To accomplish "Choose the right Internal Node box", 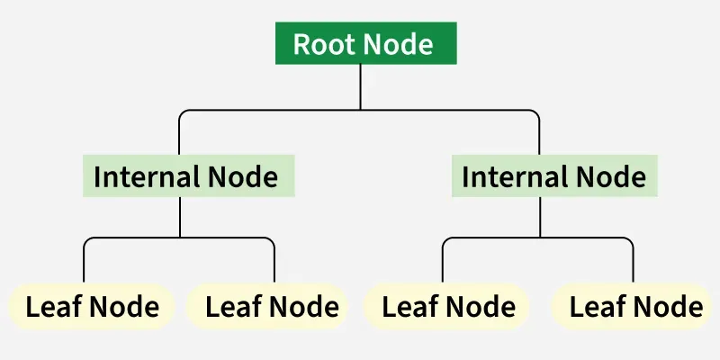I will pyautogui.click(x=553, y=176).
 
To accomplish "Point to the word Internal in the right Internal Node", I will pyautogui.click(x=513, y=176).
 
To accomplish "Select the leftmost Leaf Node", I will pyautogui.click(x=93, y=307).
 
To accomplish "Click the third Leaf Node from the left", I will pyautogui.click(x=448, y=307).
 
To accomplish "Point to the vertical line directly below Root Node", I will pyautogui.click(x=360, y=87).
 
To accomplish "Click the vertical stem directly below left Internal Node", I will pyautogui.click(x=180, y=217).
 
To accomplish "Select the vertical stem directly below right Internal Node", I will pyautogui.click(x=540, y=217).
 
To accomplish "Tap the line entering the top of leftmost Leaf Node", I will pyautogui.click(x=84, y=265).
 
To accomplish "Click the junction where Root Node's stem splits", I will pyautogui.click(x=360, y=110).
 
